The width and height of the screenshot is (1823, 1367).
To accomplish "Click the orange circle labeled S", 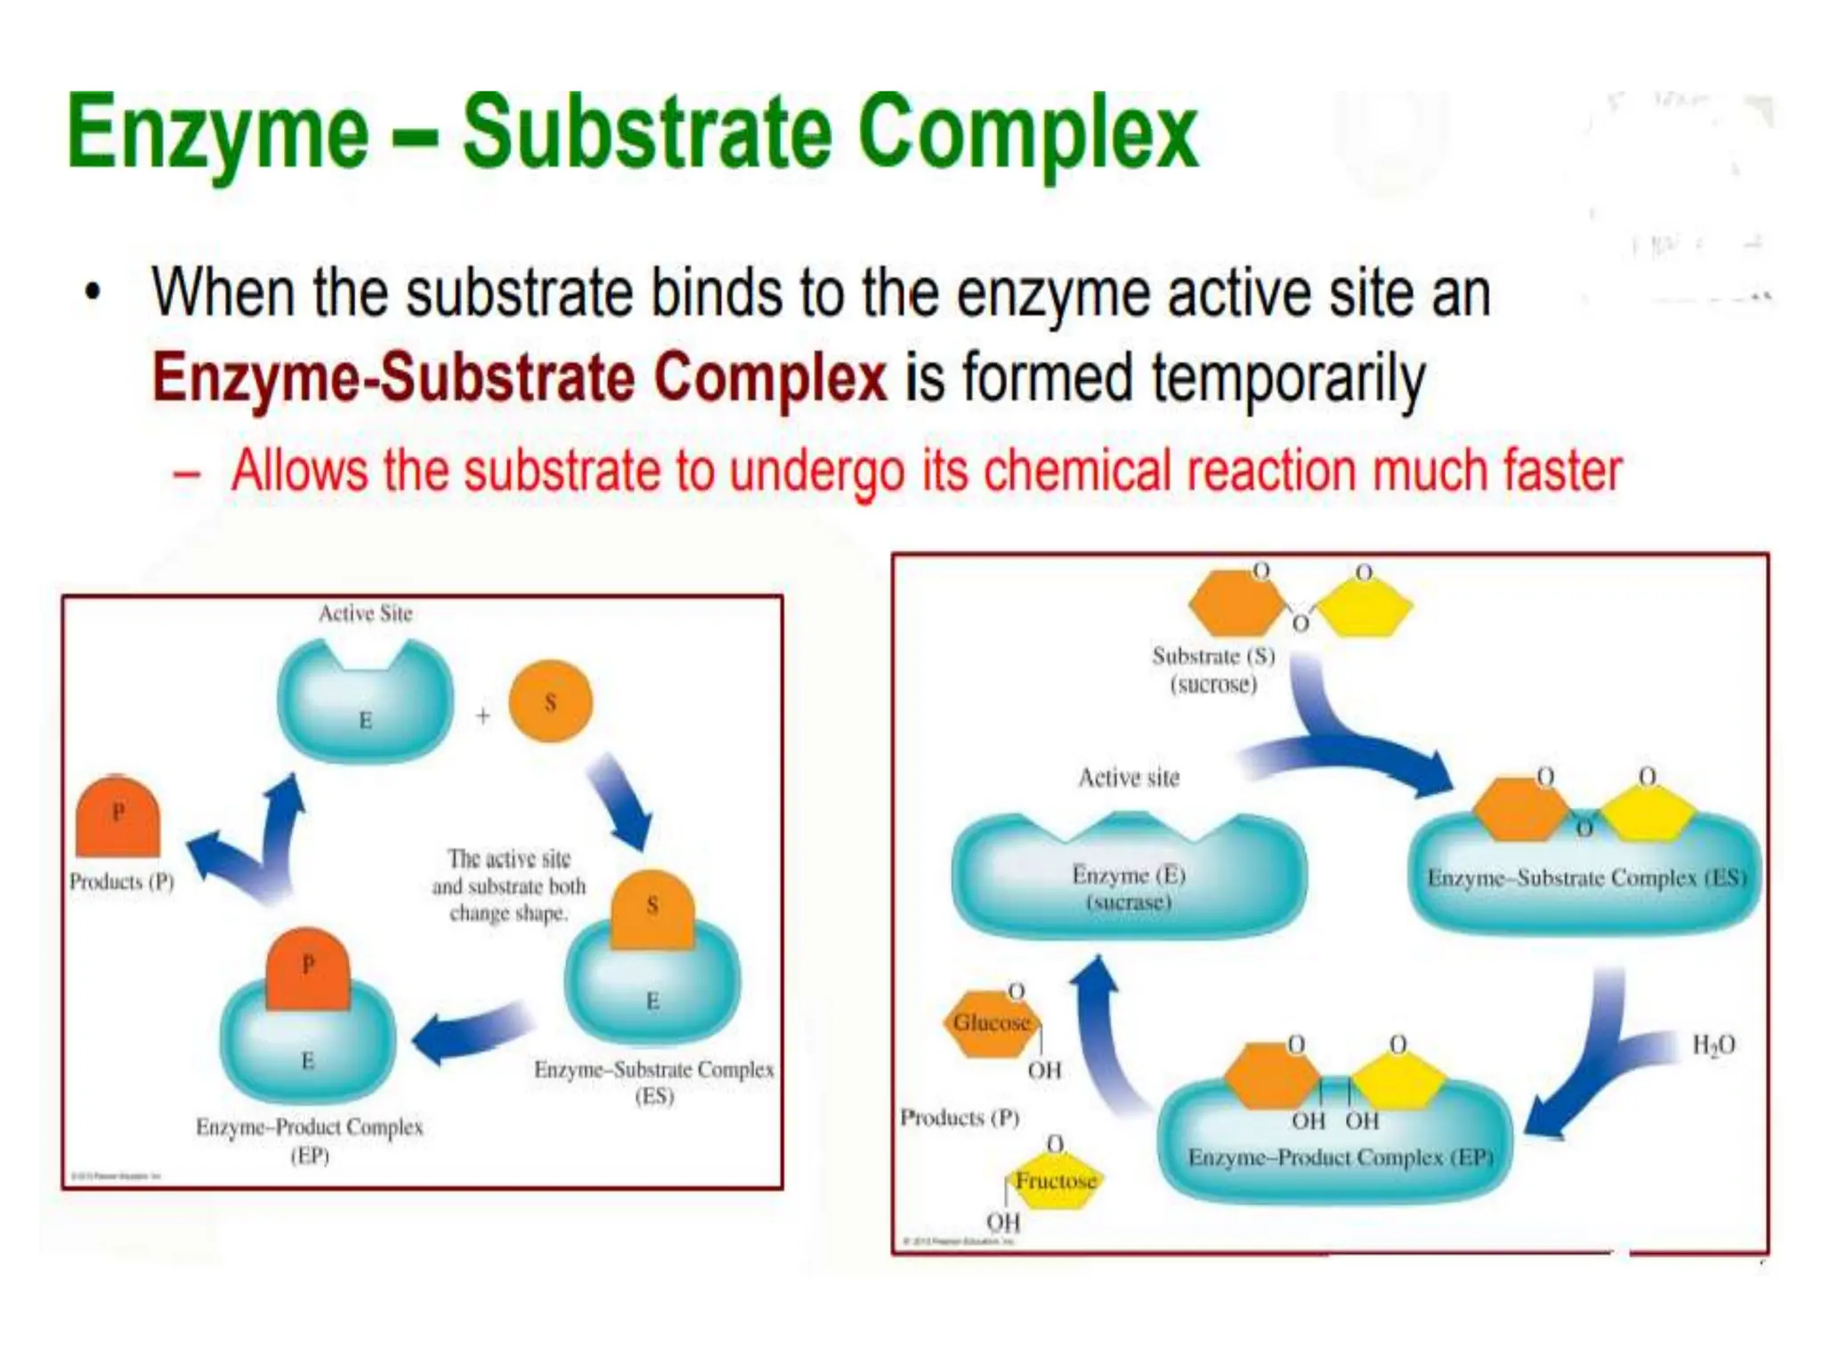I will (x=550, y=702).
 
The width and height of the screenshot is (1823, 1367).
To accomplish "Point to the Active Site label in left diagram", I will (x=365, y=613).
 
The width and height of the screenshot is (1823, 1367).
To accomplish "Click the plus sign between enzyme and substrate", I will (x=482, y=716).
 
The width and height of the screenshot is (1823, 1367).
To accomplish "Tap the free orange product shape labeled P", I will (x=117, y=817).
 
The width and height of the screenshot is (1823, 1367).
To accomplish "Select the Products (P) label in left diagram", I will (x=121, y=882).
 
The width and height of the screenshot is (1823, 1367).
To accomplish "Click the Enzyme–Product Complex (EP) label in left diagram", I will (x=310, y=1140).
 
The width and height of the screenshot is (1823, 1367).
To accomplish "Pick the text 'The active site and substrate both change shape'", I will (x=508, y=886).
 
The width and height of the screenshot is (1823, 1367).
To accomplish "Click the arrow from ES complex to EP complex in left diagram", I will (x=472, y=1032).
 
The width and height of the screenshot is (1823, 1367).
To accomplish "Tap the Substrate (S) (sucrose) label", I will (x=1213, y=670).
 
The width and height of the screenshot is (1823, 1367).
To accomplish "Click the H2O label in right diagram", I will (x=1713, y=1045).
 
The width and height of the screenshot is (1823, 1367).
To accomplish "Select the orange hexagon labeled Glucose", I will (x=991, y=1023).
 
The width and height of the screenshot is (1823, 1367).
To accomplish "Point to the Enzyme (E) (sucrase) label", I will (x=1129, y=888).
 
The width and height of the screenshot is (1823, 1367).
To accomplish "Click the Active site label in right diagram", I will (x=1129, y=778).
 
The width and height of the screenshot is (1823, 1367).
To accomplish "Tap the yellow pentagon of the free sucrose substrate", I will (x=1364, y=609).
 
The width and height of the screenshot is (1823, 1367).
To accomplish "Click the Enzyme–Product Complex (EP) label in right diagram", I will (x=1340, y=1158).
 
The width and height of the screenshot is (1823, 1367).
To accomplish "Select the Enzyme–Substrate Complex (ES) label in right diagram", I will (x=1586, y=878).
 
